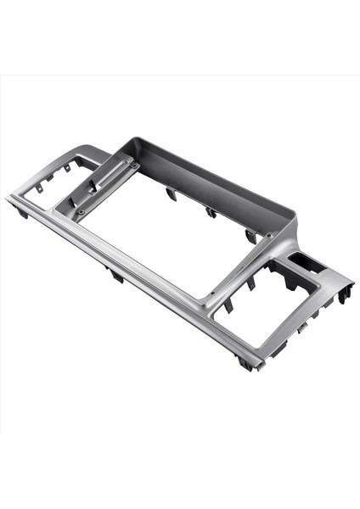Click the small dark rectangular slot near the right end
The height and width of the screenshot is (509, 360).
pos(303,260)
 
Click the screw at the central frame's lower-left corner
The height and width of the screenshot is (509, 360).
pos(82,210)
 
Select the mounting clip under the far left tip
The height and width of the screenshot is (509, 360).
pos(22,212)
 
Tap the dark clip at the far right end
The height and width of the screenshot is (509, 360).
pos(344,294)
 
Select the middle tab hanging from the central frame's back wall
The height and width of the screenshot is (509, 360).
pos(210,211)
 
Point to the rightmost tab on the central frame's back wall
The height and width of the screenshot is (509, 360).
pos(250,235)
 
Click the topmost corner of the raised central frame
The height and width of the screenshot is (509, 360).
pos(131,137)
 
